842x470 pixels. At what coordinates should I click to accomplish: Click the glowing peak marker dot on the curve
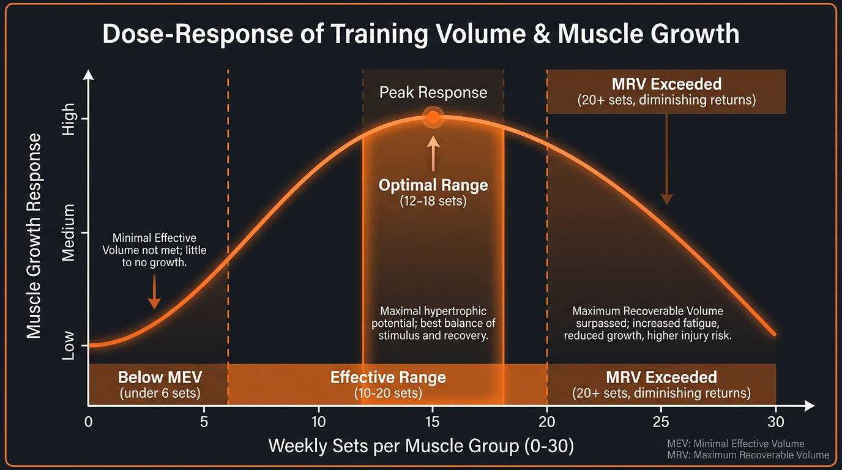433,117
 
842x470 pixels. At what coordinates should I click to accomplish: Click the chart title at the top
420,34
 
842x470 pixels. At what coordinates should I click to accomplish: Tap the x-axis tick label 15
433,422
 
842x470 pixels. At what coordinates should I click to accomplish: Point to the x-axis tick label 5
204,422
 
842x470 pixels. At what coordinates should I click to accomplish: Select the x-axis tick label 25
661,422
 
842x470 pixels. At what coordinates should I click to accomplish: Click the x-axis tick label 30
775,422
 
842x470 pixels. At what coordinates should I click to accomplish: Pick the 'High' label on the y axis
69,119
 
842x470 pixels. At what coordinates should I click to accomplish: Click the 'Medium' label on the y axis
69,233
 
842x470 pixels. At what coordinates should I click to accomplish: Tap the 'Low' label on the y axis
69,346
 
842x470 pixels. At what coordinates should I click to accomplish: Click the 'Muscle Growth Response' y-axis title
34,236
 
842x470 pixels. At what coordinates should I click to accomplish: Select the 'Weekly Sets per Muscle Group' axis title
421,446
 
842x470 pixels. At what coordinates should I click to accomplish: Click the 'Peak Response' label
433,92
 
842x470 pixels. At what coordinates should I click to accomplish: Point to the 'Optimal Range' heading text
433,185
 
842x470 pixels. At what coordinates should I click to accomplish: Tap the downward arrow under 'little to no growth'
154,292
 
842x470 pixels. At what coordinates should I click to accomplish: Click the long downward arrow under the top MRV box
666,159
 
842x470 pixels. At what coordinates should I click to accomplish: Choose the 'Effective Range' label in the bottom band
388,377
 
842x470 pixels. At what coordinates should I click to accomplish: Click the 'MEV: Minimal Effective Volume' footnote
736,444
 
